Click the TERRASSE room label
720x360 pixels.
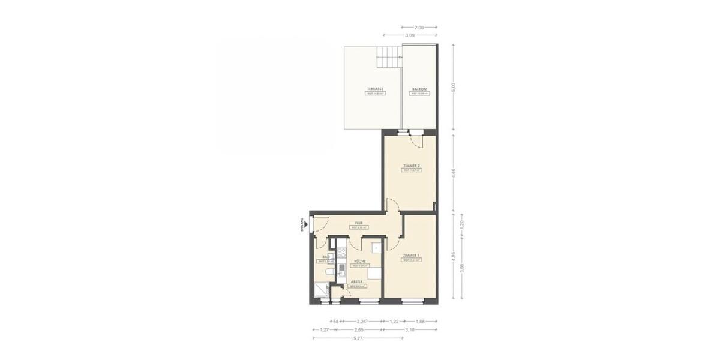click(x=376, y=88)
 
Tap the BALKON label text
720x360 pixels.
click(x=418, y=88)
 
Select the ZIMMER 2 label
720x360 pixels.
click(x=410, y=165)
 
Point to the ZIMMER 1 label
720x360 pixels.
click(x=410, y=255)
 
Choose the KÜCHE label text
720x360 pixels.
click(x=359, y=261)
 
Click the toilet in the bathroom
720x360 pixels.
click(x=326, y=274)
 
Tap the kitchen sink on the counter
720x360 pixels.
click(x=341, y=268)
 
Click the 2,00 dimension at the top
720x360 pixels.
click(x=419, y=28)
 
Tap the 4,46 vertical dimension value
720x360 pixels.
click(x=454, y=175)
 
